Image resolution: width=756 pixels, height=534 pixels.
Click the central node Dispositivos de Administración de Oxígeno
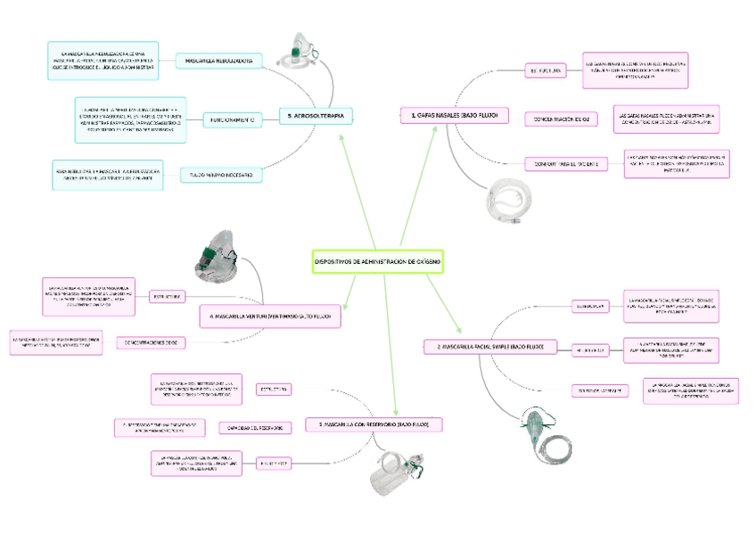[x=377, y=262]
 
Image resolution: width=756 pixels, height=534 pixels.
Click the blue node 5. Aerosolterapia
[x=316, y=116]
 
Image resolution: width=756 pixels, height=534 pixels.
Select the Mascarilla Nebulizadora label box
[x=218, y=62]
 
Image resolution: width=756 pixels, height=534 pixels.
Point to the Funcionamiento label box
[x=233, y=119]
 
